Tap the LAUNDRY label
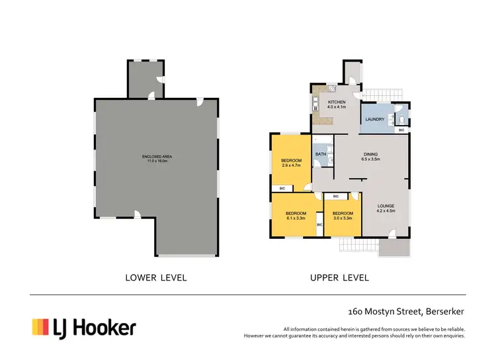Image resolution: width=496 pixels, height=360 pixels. [375, 119]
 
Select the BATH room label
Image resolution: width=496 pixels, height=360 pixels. [321, 154]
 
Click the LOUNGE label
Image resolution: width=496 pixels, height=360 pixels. [386, 206]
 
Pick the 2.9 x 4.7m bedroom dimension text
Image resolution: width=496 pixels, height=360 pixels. [291, 165]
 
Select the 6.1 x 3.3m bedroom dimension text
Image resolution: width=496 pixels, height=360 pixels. [295, 218]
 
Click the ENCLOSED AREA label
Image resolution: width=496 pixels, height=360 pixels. [157, 156]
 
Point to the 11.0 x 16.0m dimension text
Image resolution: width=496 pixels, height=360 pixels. [157, 161]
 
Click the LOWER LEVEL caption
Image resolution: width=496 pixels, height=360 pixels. [156, 277]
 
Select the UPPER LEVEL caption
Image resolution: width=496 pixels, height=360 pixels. [339, 277]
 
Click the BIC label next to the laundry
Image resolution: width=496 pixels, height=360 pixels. [401, 130]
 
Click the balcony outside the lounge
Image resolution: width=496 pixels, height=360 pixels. [395, 247]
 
